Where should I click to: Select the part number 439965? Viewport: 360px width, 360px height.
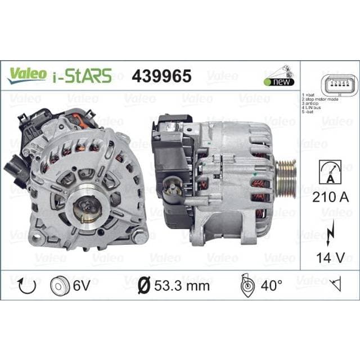tap(161, 75)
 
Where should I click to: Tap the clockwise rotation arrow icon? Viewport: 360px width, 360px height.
tap(26, 286)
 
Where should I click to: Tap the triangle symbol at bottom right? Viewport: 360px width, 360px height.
tap(336, 286)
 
